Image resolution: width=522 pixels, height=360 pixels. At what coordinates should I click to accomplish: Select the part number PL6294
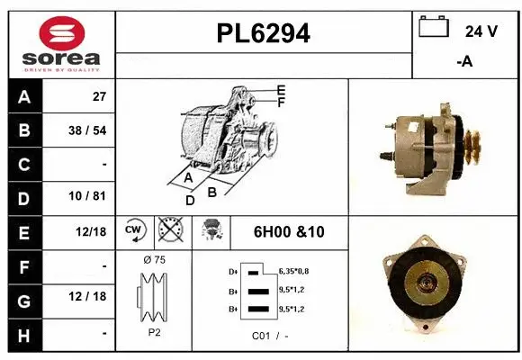pyautogui.click(x=264, y=33)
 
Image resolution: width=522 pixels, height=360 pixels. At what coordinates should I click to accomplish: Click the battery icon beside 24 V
pyautogui.click(x=434, y=28)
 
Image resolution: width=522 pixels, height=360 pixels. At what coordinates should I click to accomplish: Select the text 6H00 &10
pyautogui.click(x=288, y=232)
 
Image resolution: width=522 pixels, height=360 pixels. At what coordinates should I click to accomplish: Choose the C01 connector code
pyautogui.click(x=262, y=337)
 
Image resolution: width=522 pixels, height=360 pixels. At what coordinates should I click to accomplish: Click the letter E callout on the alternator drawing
pyautogui.click(x=281, y=90)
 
